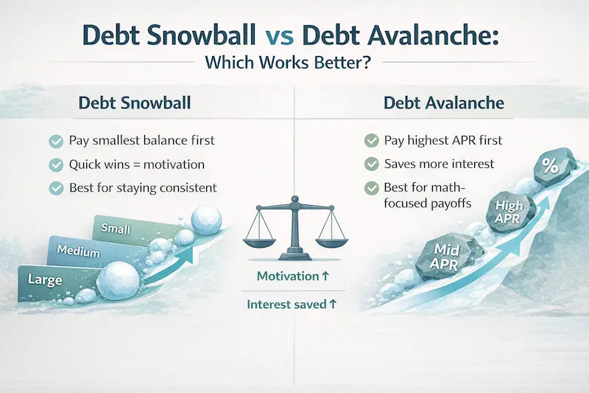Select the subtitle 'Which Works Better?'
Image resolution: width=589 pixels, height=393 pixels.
[294, 63]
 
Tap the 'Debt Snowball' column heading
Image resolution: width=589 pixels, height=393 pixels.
[134, 102]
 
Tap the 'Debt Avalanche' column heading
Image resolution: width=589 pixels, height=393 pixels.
[444, 102]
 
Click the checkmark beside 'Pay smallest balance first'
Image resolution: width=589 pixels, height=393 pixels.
[54, 140]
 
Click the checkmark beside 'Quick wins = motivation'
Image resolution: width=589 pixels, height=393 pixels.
[54, 164]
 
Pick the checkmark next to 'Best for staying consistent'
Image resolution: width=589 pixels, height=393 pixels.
[54, 187]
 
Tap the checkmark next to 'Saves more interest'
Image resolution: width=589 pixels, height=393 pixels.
[371, 164]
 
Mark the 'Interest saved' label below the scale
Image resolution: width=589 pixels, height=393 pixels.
[292, 304]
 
